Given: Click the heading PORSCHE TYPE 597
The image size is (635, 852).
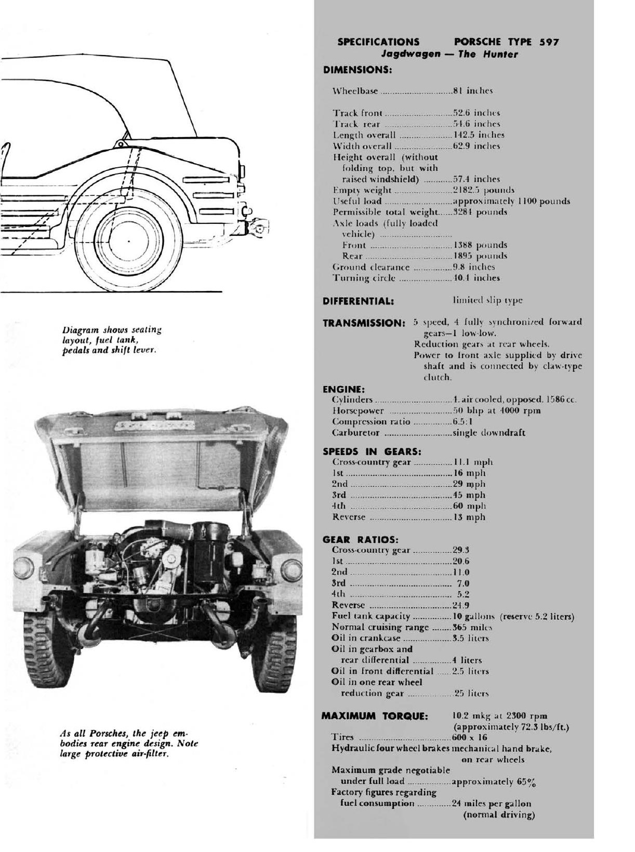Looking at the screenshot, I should [x=506, y=42].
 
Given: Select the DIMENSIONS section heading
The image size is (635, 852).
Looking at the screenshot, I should [x=357, y=70].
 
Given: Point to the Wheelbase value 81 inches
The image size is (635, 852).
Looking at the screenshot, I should [x=473, y=91].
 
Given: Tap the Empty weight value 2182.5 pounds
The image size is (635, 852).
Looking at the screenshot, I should [x=484, y=190].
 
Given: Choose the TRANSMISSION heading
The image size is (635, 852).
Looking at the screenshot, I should [x=364, y=323].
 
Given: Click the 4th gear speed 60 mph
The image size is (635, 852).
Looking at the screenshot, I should [x=469, y=506].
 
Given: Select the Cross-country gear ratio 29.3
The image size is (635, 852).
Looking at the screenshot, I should [x=461, y=550].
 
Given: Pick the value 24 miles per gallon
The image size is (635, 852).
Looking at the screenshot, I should [x=492, y=804].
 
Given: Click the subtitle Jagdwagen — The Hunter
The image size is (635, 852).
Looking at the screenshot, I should [x=449, y=54].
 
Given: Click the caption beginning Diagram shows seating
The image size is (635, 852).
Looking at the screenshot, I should [x=112, y=340].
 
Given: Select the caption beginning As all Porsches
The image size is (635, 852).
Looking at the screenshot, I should [x=129, y=744].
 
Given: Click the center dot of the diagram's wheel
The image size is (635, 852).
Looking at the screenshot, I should [x=128, y=241].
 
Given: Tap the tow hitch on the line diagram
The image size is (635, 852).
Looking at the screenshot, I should [x=258, y=227].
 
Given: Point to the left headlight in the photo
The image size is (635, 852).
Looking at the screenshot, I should [x=24, y=569].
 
